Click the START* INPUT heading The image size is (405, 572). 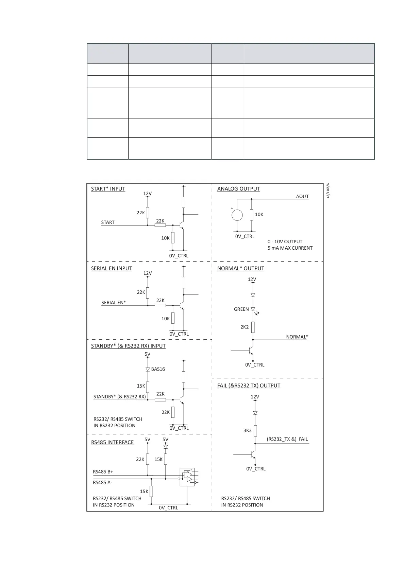pos(108,189)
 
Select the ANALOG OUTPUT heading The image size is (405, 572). pos(238,189)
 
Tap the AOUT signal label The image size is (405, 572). pos(302,196)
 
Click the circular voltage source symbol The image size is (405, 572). pos(237,215)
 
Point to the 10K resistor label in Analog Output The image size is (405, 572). pos(259,214)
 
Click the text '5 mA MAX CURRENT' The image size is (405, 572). pos(290,248)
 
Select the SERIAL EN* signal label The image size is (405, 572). pos(114,303)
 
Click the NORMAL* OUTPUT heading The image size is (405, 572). pos(240,268)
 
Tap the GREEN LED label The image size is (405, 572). pos(241,309)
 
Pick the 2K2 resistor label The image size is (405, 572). pos(244,327)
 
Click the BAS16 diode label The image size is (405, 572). pos(158,369)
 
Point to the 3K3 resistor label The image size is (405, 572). pos(247,430)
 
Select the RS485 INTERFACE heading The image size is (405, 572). pos(112,442)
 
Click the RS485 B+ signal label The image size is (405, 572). pos(103,472)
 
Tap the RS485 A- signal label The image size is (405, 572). pos(102,482)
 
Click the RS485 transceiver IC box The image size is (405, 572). pos(187,477)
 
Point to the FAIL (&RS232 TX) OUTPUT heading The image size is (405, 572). pos(249,386)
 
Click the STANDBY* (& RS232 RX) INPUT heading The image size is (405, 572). pos(128,346)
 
